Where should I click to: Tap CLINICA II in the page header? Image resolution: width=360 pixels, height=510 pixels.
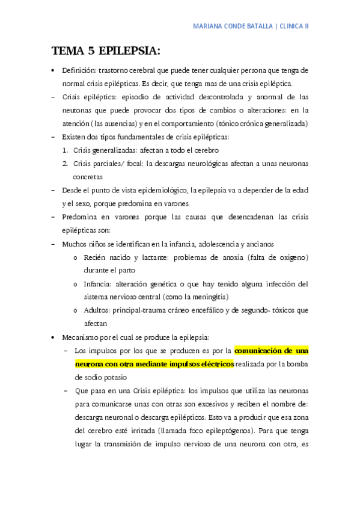[x=293, y=27]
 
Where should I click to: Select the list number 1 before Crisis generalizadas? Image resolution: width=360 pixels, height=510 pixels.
[x=65, y=150]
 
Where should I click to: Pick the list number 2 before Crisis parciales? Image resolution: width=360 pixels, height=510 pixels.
[x=65, y=164]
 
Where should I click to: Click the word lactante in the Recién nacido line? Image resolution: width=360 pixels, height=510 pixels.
[x=150, y=257]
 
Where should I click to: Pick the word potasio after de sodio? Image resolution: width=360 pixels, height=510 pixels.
[x=115, y=377]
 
